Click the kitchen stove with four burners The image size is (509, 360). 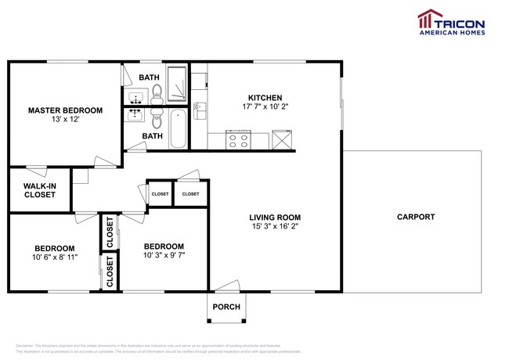point(237,140)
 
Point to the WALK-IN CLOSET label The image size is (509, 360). point(39,189)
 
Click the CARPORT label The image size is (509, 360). point(415,217)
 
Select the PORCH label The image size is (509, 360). point(226,307)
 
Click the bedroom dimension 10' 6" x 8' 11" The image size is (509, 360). point(54,257)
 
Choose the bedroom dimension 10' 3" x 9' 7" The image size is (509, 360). point(164,255)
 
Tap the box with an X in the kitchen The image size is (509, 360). point(281,140)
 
